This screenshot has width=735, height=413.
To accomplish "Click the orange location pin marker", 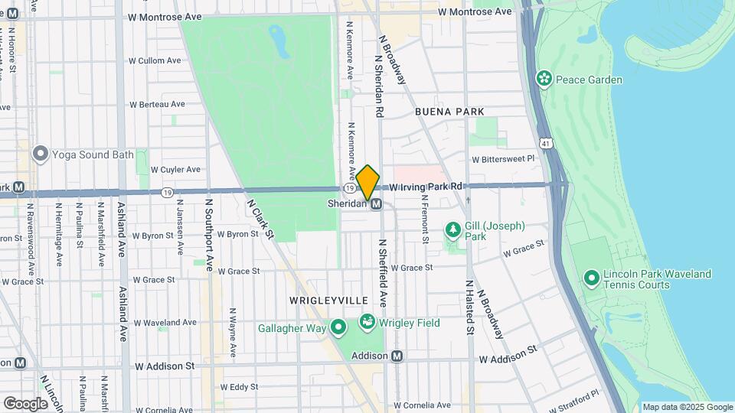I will coord(367,183).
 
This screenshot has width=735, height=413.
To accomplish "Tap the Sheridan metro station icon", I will coord(377,204).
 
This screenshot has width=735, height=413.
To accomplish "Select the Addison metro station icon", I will coord(397,356).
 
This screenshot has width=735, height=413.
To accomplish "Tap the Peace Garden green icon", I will coord(544,79).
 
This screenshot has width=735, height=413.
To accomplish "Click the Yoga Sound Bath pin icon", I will coord(41,154).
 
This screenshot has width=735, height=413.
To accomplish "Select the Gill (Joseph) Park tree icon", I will coord(453,230).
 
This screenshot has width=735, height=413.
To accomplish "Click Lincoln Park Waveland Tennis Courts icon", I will coord(591,278).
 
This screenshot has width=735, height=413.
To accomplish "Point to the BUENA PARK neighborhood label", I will coord(449,112).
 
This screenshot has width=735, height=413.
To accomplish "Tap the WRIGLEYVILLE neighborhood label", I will coord(328,301).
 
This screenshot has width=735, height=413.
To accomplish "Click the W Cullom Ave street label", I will coord(155,60).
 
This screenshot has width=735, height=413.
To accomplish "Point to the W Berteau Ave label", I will coord(157,104).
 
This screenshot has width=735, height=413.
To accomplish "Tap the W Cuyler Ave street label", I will coord(175,170).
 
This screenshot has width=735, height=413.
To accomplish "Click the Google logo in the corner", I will coord(24,403).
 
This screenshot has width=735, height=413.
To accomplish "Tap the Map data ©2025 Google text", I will coord(687,408).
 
